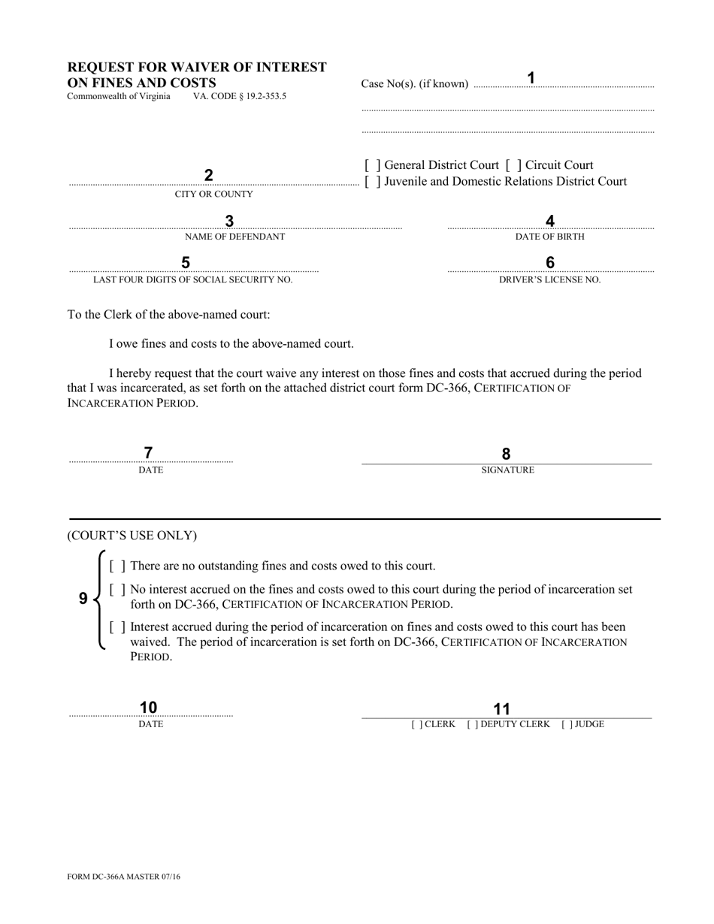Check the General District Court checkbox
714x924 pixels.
(x=372, y=165)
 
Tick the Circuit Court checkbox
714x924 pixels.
(x=513, y=165)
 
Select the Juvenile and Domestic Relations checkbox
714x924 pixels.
(x=372, y=182)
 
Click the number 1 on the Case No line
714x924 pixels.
(x=531, y=78)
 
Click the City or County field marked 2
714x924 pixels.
(x=209, y=176)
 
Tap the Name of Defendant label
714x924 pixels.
(x=234, y=237)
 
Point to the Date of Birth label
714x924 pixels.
(x=549, y=237)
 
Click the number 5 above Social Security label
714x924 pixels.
(x=186, y=263)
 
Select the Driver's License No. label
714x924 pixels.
(x=550, y=279)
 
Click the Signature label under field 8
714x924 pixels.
(x=507, y=470)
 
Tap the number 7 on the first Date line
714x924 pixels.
(x=148, y=453)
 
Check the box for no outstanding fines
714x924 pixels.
(x=117, y=566)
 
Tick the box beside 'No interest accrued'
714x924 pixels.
(x=117, y=590)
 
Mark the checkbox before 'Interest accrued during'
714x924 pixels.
(x=117, y=627)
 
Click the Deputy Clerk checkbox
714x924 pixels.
(x=472, y=725)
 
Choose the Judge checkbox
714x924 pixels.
(x=567, y=725)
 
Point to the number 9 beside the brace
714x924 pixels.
(x=83, y=599)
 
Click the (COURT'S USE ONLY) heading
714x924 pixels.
(x=132, y=536)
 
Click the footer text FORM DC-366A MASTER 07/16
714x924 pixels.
(x=124, y=877)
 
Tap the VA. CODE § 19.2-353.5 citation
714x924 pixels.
(x=239, y=97)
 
